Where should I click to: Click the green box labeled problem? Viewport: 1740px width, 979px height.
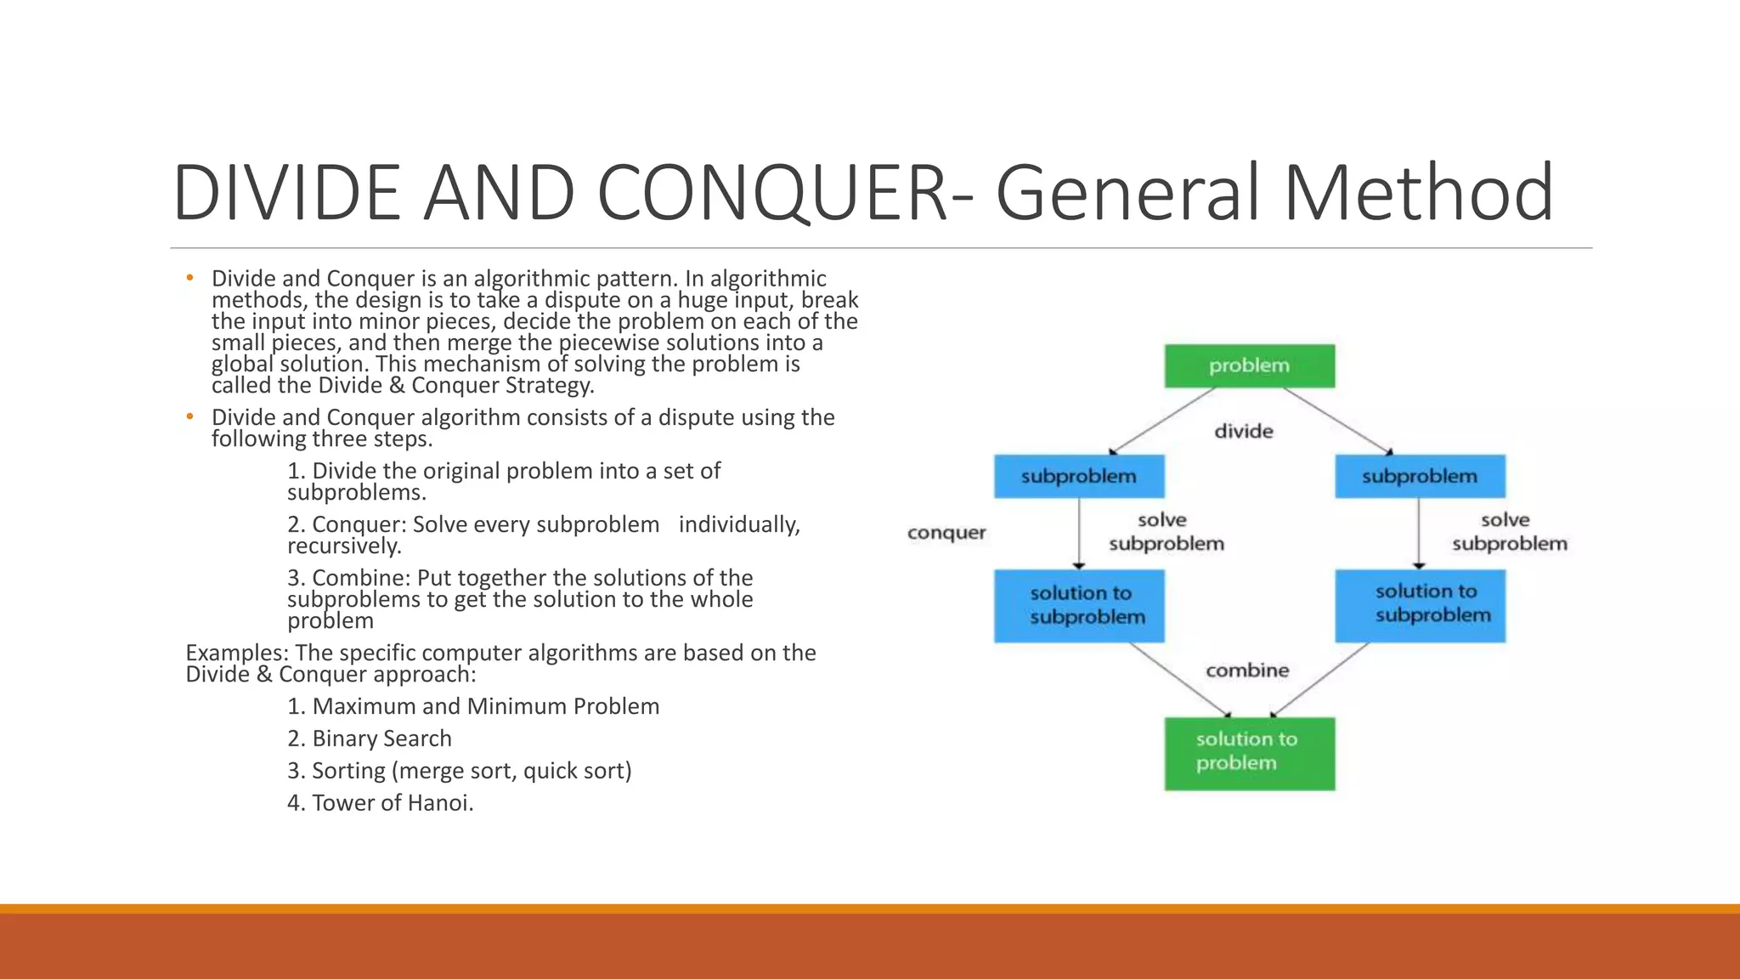[x=1249, y=366]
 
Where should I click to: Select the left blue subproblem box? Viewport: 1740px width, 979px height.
[x=1079, y=476]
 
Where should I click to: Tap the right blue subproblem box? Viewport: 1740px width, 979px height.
[x=1420, y=476]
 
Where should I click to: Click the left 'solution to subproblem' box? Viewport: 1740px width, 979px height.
[x=1079, y=605]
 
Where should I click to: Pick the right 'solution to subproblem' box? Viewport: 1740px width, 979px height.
[x=1420, y=605]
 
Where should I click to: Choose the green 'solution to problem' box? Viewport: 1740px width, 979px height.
[x=1249, y=753]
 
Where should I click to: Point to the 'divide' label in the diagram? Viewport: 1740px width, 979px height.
[x=1244, y=432]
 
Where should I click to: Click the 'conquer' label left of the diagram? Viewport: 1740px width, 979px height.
[x=946, y=533]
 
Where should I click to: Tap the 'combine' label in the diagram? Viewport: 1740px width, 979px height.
[x=1247, y=671]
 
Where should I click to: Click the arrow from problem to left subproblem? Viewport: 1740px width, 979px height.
[x=1162, y=421]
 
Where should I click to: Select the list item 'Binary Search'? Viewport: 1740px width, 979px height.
[x=370, y=738]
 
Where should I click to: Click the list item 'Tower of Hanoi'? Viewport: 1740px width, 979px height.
[x=381, y=803]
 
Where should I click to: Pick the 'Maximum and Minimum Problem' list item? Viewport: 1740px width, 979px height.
[x=473, y=706]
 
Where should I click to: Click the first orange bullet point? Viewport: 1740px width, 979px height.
[x=190, y=278]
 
